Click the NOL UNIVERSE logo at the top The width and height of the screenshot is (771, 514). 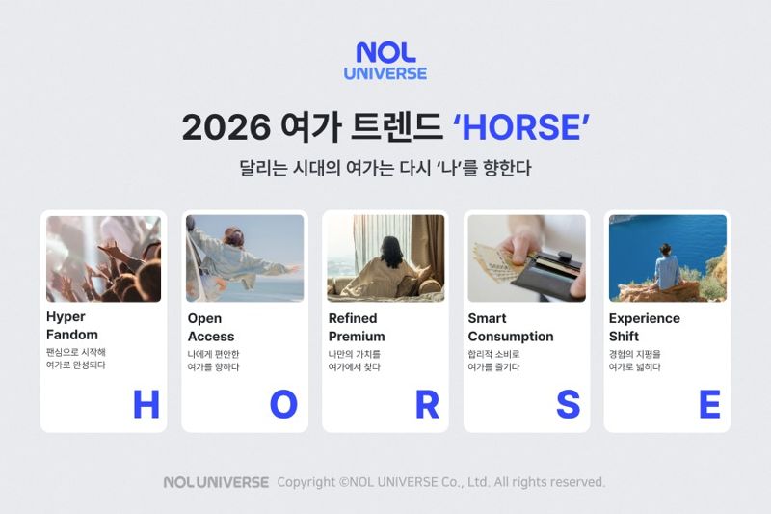tap(385, 61)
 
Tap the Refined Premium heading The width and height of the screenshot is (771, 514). tap(356, 327)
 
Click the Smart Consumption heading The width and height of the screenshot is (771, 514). tap(510, 327)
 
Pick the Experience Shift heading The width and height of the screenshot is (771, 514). tap(644, 327)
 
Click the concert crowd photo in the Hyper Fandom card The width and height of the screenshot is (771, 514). tap(103, 258)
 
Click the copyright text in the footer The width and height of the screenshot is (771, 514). tap(441, 482)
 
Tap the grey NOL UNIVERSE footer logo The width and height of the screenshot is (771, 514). tap(216, 482)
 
